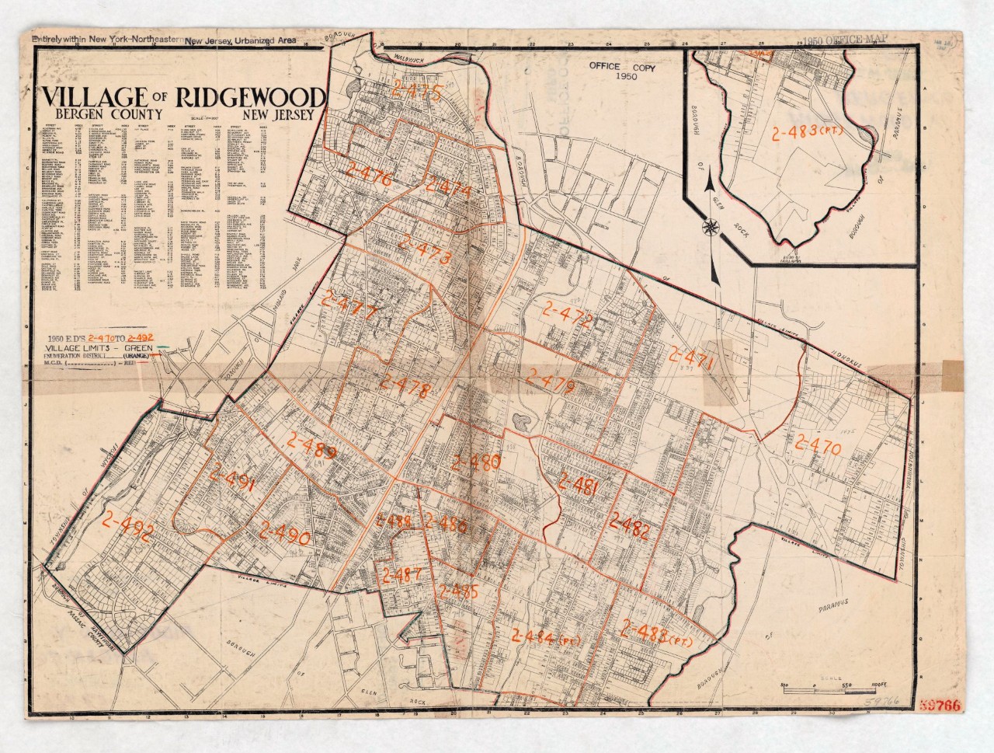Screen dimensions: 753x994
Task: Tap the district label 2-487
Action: point(401,576)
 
